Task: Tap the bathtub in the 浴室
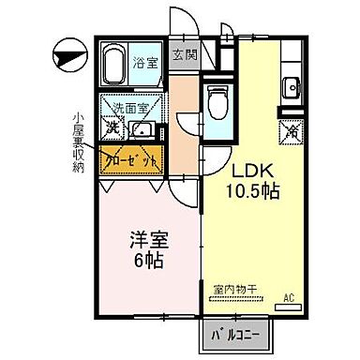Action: [113, 66]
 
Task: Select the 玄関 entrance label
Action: [185, 53]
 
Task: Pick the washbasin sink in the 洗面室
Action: [144, 128]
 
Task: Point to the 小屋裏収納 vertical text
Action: [80, 146]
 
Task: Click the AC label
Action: [291, 299]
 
